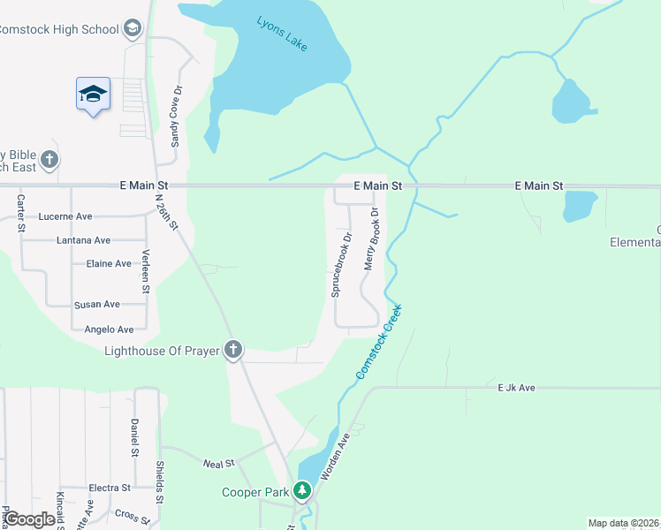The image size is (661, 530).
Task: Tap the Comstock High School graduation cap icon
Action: tap(133, 29)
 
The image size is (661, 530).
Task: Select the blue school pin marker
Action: tap(93, 93)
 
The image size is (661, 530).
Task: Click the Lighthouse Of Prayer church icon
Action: tap(233, 351)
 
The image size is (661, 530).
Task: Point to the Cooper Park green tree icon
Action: tap(302, 490)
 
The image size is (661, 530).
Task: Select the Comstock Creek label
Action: tap(380, 343)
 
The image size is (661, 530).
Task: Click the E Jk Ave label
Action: tap(516, 388)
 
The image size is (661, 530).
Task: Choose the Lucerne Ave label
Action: tap(65, 216)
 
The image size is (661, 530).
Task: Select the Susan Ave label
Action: tap(97, 305)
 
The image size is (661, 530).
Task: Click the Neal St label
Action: tap(217, 463)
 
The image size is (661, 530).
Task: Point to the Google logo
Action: tap(28, 519)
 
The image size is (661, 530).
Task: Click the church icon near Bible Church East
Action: tap(50, 161)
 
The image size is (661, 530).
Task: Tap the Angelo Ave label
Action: tap(108, 329)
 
